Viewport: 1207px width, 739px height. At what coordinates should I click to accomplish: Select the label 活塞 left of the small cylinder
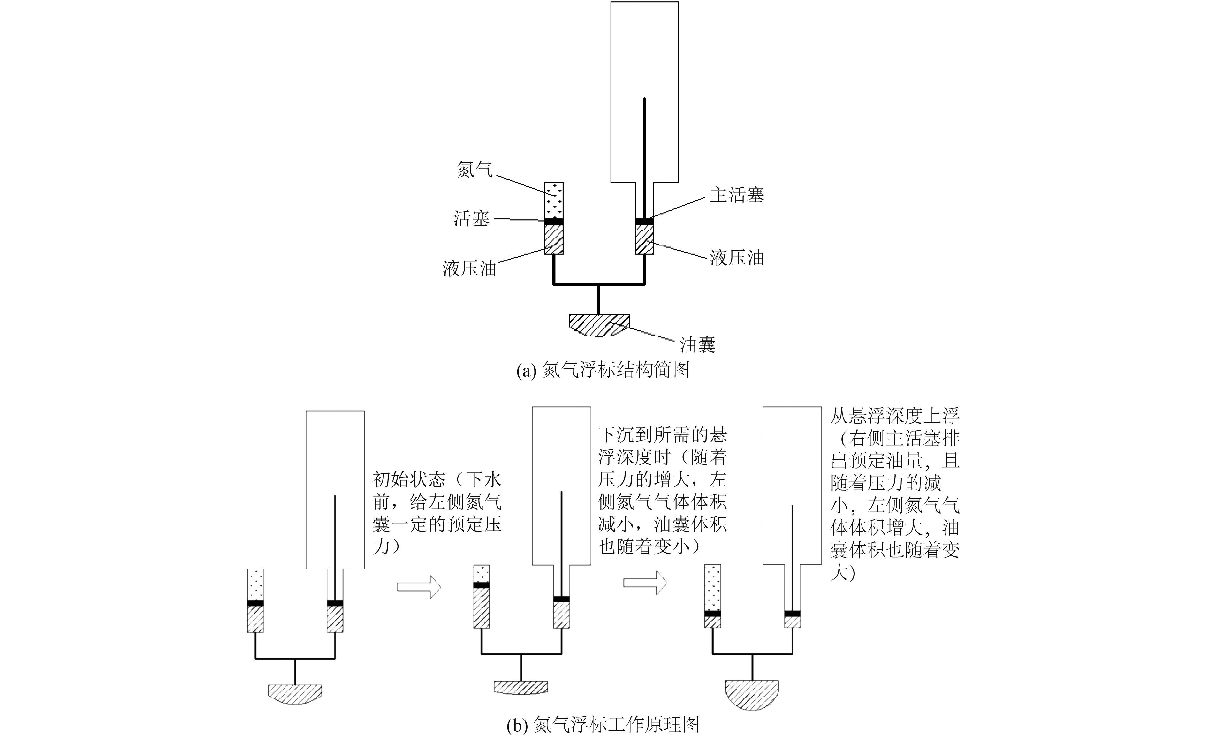(471, 218)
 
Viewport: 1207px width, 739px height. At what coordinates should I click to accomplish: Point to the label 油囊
(698, 345)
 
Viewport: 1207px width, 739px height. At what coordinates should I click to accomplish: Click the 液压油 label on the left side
(470, 268)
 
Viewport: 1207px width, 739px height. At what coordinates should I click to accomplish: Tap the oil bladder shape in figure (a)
(599, 325)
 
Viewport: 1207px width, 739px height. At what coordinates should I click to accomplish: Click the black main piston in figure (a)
(645, 222)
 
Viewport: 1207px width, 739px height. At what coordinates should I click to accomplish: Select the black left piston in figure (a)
(554, 222)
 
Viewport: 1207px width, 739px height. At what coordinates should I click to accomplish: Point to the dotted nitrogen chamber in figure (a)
(554, 200)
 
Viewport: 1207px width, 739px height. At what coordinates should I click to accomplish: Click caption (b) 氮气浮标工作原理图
(603, 725)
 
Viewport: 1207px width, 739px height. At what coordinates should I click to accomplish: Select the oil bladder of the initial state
(295, 694)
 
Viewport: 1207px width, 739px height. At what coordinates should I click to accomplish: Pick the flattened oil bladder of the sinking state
(521, 687)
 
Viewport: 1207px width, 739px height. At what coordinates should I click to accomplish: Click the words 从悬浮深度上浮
(894, 416)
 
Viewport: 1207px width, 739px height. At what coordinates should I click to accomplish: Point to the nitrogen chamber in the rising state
(713, 588)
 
